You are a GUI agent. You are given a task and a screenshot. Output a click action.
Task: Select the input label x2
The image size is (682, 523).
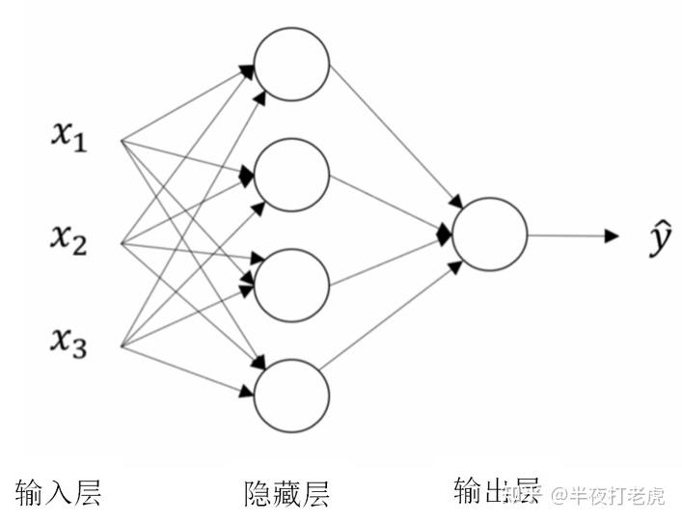pos(68,238)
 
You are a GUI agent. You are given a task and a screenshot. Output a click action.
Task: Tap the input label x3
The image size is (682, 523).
pos(68,341)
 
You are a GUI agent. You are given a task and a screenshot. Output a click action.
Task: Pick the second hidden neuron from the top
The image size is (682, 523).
pos(291,175)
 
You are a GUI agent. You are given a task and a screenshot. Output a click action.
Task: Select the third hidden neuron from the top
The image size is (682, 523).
pos(291,286)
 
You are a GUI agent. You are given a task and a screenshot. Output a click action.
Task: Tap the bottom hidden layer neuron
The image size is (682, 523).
pos(291,396)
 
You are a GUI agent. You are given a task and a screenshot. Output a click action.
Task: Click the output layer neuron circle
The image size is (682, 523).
pos(489,234)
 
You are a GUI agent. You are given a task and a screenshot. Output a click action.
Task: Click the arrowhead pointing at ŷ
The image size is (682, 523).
pos(611,235)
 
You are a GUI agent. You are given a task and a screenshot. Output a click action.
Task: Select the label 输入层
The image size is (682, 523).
pos(59,492)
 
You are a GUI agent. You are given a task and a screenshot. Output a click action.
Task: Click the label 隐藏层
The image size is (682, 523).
pos(286,494)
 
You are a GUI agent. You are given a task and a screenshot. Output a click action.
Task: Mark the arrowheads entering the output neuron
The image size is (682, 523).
pos(444,234)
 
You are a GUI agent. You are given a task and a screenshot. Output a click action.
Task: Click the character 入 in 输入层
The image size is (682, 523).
pos(59,492)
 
